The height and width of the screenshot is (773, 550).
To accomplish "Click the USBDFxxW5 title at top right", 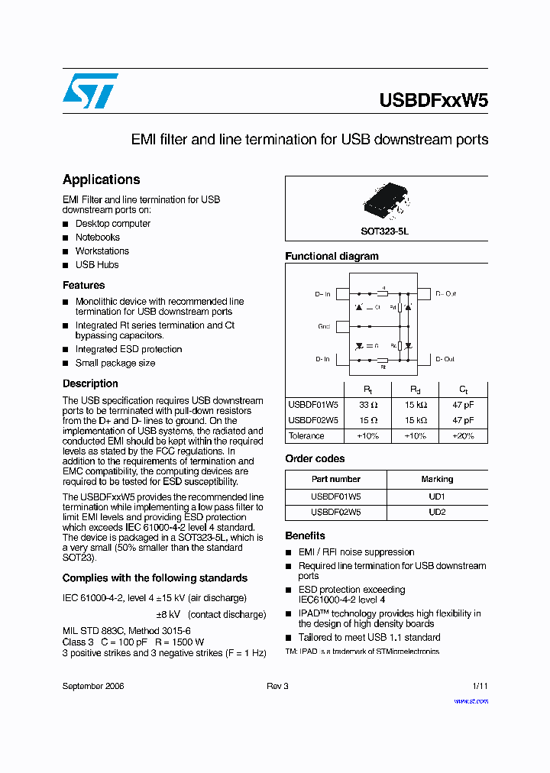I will click(433, 101).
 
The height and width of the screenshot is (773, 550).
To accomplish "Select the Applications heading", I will click(101, 180).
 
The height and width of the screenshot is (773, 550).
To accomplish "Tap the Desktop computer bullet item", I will click(112, 224).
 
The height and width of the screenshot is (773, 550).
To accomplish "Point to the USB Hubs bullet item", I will click(97, 265).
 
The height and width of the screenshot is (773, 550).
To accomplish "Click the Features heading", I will click(83, 285).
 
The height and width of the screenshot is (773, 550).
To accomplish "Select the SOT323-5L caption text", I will click(385, 230).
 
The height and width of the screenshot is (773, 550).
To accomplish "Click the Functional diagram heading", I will click(332, 257).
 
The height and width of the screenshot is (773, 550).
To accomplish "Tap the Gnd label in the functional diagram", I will click(323, 326).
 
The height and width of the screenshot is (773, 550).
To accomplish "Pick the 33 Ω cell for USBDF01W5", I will click(368, 406).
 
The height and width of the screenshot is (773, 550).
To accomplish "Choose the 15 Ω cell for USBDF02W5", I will click(368, 420).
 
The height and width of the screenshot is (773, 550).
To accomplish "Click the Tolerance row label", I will click(306, 436).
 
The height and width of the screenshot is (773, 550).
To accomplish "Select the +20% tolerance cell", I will click(462, 436).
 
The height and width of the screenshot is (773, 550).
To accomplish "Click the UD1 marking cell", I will click(437, 496).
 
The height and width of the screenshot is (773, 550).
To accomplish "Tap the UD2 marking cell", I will click(437, 513).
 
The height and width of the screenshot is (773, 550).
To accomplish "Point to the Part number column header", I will click(335, 480).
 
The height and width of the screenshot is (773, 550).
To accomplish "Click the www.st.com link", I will click(471, 701).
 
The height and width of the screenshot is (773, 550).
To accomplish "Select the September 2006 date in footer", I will click(93, 686).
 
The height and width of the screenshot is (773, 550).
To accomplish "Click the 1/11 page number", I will click(479, 686).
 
